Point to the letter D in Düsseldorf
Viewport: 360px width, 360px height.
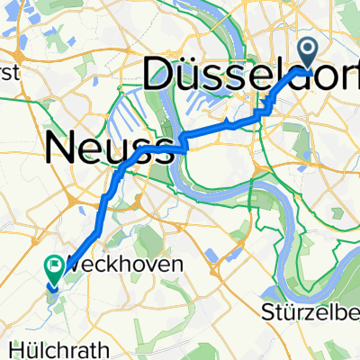pyautogui.click(x=159, y=76)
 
